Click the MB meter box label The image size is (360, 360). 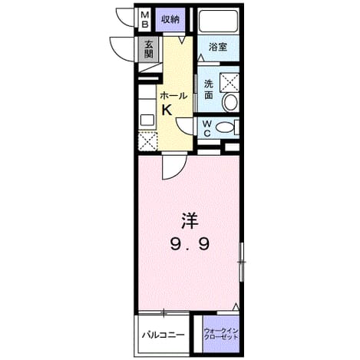[145, 20]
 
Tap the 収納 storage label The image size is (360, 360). [170, 19]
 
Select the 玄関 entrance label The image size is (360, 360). [148, 49]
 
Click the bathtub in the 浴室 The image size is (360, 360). [218, 21]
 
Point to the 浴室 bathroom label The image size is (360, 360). [218, 47]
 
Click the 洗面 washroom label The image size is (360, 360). [209, 89]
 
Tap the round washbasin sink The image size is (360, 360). [230, 102]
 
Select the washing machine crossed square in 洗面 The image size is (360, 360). [230, 82]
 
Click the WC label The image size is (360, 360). [207, 129]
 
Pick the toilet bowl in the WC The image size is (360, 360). [225, 127]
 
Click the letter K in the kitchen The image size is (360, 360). [167, 111]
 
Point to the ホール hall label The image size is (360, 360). [173, 96]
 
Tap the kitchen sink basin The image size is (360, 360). [147, 120]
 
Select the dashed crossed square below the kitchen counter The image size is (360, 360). [147, 141]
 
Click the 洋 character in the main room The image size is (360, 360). [190, 220]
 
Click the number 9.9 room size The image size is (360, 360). [190, 244]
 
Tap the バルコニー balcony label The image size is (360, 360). [163, 335]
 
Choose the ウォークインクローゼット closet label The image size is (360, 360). [221, 334]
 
